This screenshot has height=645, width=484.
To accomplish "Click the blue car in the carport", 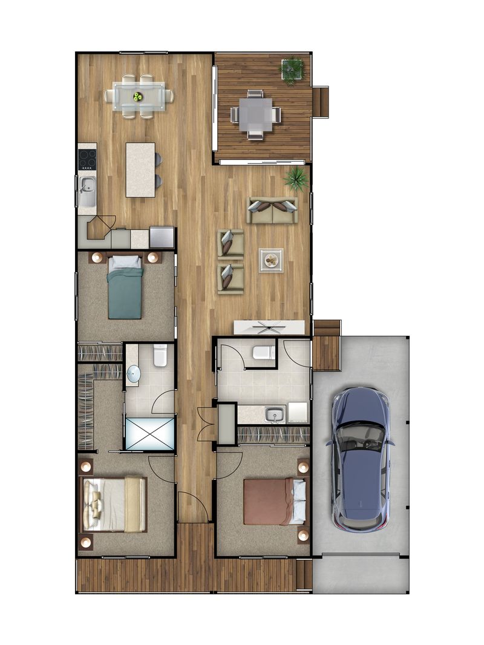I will coord(359,459).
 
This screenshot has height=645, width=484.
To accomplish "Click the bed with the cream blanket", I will coord(115,504).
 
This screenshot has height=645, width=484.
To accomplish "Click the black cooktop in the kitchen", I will coord(87,159).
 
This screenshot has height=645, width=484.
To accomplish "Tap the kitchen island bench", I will coord(140,169).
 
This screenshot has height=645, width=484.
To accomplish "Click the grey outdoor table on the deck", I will coord(255,114).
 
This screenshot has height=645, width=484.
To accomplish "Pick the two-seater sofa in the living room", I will coord(272,210).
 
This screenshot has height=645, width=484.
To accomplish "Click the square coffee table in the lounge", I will coord(270,260).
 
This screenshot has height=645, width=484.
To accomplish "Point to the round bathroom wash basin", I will coord(133,375).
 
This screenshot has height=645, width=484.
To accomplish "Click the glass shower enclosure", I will coord(149,433).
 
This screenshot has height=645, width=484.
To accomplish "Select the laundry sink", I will coord(275,415).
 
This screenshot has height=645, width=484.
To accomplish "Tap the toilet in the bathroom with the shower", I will coord(160,356).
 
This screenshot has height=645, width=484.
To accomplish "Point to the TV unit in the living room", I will coord(270,327).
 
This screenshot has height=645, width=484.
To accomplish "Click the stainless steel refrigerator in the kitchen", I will coord(162,237).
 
